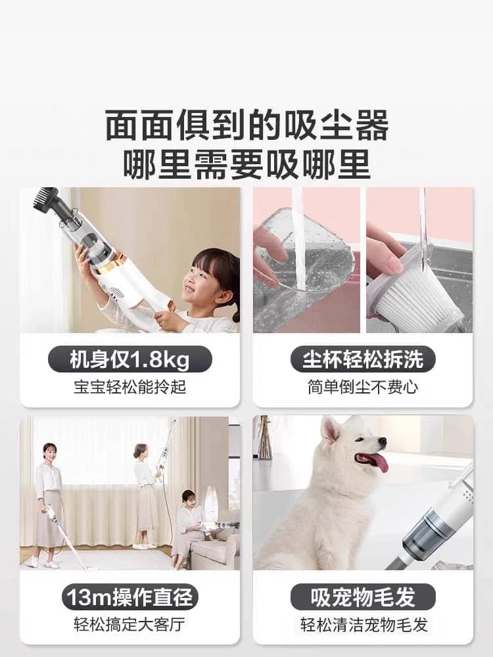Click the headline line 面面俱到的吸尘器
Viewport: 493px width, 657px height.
coord(246,125)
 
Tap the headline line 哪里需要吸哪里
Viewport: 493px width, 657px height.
coord(246,164)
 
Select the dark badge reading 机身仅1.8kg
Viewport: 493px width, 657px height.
coord(130,359)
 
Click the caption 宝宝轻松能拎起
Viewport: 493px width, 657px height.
coord(130,387)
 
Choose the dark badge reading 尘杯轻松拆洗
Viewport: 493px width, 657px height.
coord(363,359)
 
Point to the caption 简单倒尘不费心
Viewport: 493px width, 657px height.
coord(363,387)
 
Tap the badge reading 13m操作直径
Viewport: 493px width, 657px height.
coord(130,597)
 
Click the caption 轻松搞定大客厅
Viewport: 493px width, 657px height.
coord(130,624)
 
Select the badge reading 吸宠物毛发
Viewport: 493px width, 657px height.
coord(363,597)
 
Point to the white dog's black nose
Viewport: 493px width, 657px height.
coord(382,442)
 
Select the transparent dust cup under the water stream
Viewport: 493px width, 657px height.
coord(304,260)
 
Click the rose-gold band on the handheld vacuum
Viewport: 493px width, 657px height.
coord(105,263)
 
